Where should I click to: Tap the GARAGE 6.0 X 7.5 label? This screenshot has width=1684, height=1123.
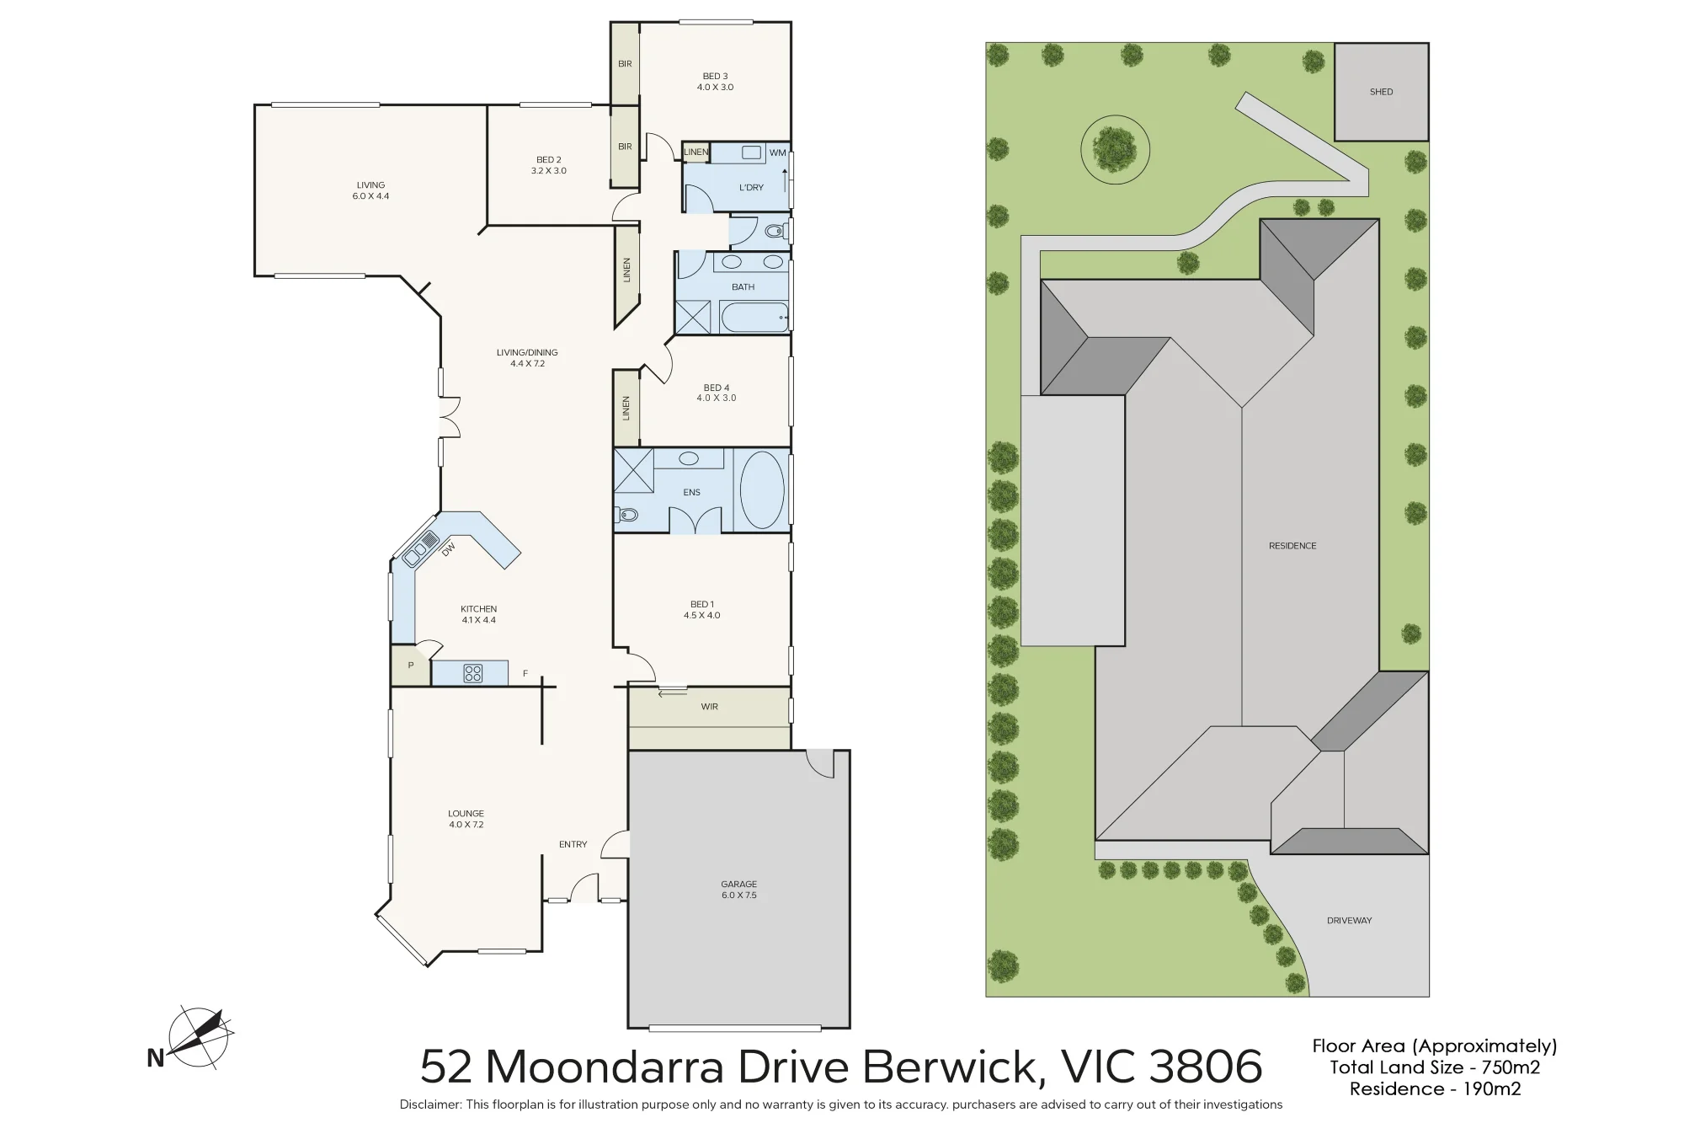pos(738,890)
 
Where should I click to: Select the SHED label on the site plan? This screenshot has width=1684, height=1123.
pos(1381,92)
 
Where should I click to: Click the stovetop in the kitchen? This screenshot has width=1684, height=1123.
pos(473,673)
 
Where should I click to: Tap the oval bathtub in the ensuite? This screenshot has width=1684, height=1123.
pos(762,490)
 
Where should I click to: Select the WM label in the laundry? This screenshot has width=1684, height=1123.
pos(777,153)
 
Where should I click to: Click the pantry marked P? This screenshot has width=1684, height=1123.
pos(410,666)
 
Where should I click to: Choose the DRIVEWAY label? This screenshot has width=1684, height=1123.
pos(1349,921)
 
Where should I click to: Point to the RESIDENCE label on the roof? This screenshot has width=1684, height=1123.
pos(1292,546)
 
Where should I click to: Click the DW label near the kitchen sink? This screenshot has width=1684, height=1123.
pos(449,548)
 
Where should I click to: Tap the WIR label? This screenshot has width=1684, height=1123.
pos(710,707)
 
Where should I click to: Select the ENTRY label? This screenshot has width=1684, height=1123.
pos(573,844)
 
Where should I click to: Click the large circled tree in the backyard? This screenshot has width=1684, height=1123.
pos(1115,150)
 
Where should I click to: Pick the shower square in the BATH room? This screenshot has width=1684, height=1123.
pos(693,317)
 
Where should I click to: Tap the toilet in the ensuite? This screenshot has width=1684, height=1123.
pos(626,514)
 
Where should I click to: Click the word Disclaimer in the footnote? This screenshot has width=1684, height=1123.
pos(430,1104)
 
